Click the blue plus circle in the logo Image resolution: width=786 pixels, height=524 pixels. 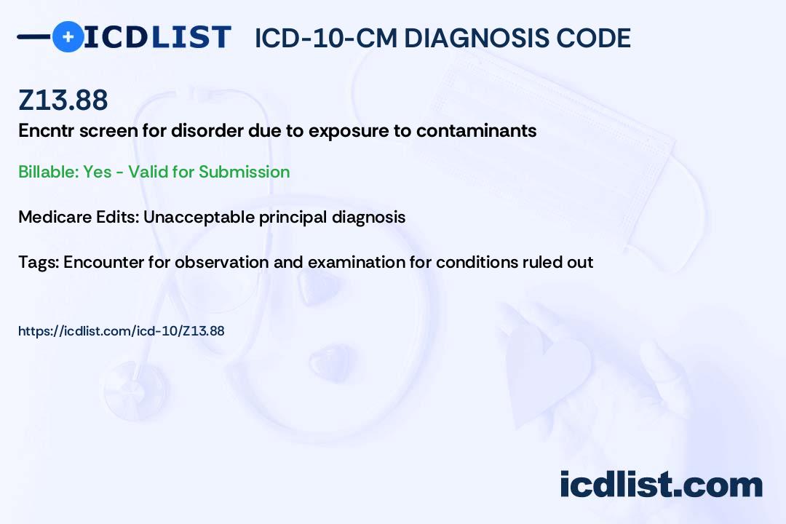coord(68,36)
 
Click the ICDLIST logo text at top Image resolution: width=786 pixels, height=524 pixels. coord(157,37)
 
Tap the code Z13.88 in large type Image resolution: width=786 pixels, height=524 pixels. coord(63,100)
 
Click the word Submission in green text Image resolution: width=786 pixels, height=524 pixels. coord(244,172)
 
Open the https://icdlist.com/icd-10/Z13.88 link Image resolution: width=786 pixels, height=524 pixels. coord(121,331)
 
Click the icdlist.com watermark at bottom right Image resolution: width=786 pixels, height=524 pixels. coord(661,485)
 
